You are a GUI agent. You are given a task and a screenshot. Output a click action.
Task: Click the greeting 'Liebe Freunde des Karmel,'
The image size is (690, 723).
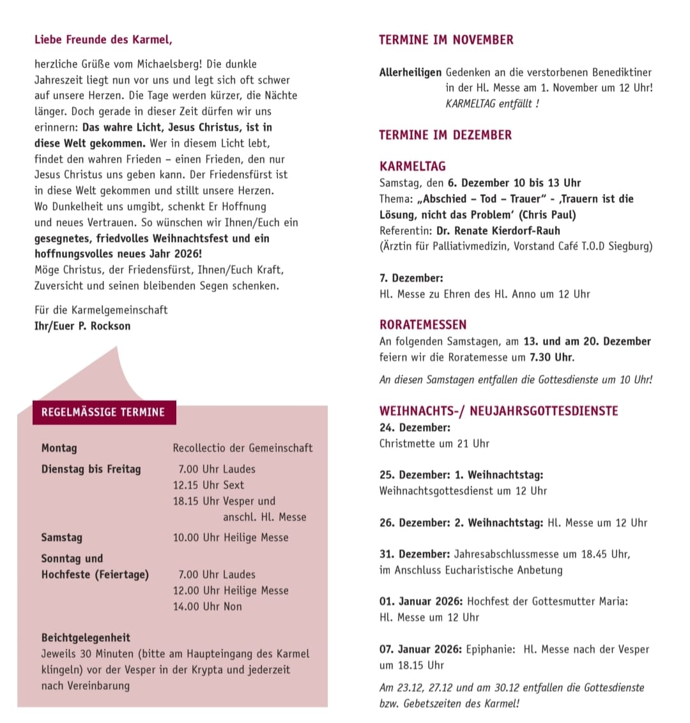pos(103,40)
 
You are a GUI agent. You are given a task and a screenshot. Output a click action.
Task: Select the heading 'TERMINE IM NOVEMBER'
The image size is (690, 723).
pos(446,40)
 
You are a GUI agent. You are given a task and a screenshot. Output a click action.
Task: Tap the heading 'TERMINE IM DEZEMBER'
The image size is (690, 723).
pos(445,135)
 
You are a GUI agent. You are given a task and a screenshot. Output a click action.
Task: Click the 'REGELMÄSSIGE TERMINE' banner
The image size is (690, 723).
pos(103,412)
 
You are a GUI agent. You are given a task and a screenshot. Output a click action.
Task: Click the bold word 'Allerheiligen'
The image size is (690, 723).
pos(410,73)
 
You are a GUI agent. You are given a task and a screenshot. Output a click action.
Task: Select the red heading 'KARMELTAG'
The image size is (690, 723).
pos(413,166)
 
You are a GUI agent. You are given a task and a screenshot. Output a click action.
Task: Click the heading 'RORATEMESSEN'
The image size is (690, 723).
pos(423,324)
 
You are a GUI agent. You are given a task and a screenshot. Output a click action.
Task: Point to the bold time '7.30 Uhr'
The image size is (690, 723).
pos(551,357)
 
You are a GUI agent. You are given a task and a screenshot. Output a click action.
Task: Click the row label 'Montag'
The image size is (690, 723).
pos(59,448)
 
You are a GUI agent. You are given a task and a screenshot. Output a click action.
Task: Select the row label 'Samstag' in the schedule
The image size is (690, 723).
pos(62,537)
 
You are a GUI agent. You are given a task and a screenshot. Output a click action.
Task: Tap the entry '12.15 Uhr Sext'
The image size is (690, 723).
pos(208,485)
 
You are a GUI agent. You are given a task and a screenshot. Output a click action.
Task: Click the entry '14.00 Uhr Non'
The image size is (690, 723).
pos(208,606)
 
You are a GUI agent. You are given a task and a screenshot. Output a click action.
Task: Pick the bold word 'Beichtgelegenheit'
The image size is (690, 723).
pos(86,637)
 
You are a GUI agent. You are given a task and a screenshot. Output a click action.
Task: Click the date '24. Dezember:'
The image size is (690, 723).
pos(415,427)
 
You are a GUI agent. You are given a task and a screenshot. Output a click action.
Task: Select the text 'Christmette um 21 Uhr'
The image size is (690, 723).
pos(434,443)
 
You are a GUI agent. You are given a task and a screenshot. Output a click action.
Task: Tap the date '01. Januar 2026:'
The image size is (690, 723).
pos(420,601)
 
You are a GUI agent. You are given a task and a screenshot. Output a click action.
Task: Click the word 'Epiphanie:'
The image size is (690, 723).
pos(490,649)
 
